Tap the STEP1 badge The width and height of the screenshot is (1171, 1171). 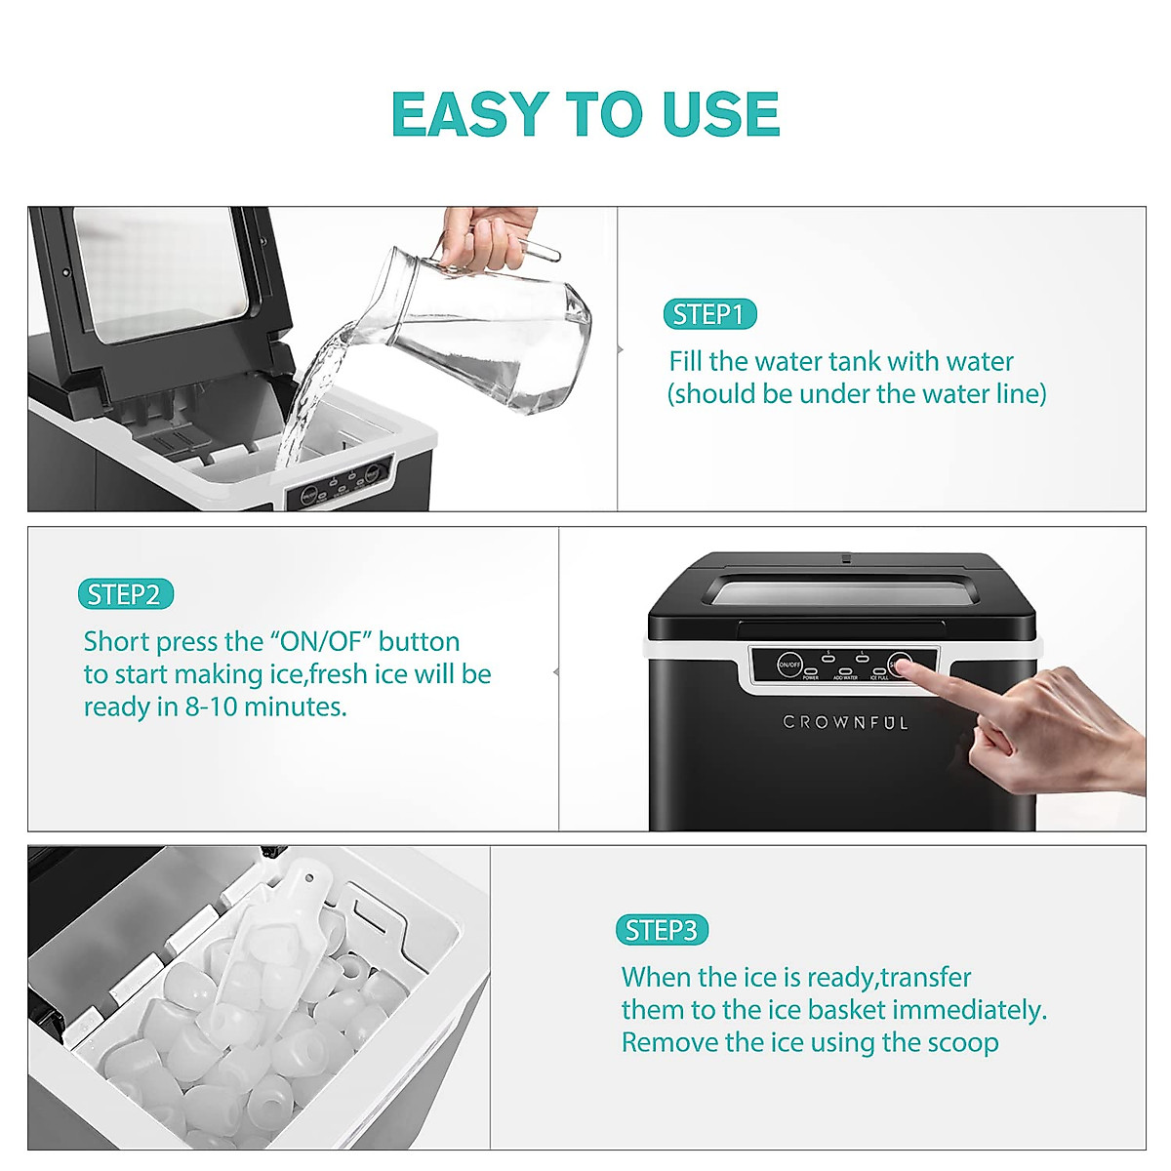click(x=709, y=314)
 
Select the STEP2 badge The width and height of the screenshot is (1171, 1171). click(x=124, y=594)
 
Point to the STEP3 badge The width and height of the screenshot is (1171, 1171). click(x=662, y=930)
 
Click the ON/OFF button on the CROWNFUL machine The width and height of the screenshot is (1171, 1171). click(x=789, y=665)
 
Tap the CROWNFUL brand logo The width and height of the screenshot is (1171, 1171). click(x=845, y=723)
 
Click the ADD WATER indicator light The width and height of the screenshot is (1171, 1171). click(x=845, y=670)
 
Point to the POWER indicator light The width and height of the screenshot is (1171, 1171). click(x=811, y=670)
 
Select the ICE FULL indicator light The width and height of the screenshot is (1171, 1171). click(x=879, y=670)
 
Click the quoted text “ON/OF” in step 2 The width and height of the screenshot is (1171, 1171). click(x=321, y=641)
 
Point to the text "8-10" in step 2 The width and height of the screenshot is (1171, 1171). click(x=211, y=707)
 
